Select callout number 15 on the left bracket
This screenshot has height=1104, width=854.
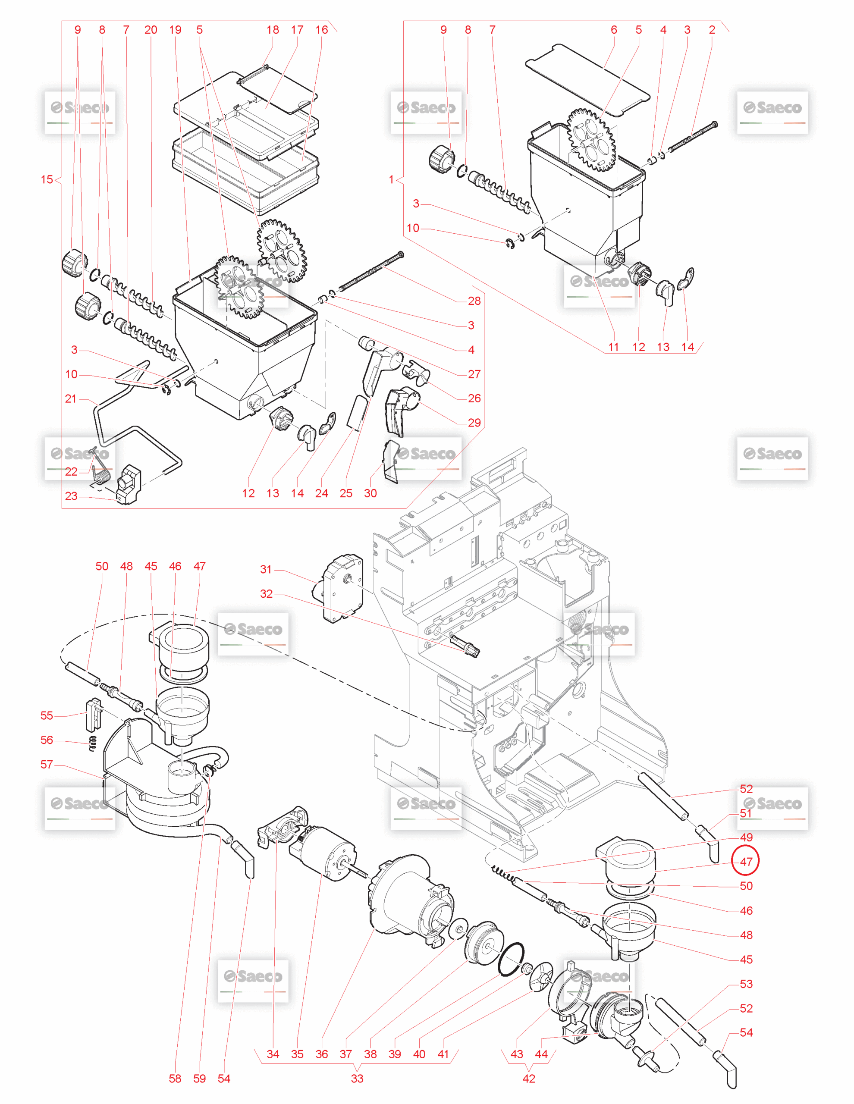pos(47,179)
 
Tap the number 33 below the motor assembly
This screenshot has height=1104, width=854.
pos(357,1078)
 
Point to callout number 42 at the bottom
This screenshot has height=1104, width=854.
pos(528,1078)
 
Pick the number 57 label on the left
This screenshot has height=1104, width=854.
pos(47,764)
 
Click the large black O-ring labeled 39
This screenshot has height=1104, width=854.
pos(511,959)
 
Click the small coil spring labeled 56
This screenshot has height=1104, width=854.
pos(93,743)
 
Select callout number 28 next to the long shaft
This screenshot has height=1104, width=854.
pos(474,301)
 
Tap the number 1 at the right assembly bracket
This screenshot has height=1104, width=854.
pos(391,179)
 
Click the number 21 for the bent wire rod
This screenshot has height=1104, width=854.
pos(71,399)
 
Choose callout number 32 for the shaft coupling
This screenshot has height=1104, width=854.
pos(266,593)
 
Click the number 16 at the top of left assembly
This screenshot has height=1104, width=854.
pos(322,30)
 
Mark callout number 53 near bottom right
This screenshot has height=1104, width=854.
pos(746,984)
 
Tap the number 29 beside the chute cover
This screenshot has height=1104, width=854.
pos(474,423)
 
